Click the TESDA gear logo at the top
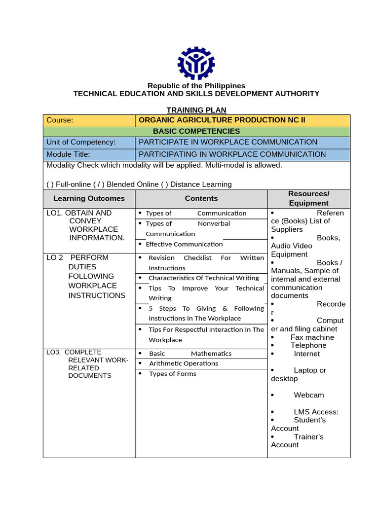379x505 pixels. click(196, 63)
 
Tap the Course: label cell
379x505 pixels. click(89, 120)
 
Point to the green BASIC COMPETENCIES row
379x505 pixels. click(196, 132)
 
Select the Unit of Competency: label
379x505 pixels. click(81, 143)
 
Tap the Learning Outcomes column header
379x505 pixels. click(89, 198)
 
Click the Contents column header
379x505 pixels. click(201, 198)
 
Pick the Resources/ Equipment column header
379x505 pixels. click(309, 198)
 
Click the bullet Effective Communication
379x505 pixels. click(184, 244)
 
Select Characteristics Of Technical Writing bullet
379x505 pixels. click(203, 278)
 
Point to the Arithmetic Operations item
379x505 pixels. click(183, 363)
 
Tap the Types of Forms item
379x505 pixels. click(172, 374)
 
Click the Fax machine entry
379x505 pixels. click(312, 337)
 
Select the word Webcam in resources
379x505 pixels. click(309, 395)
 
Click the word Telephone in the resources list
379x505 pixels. click(308, 346)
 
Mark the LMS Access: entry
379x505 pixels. click(316, 412)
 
